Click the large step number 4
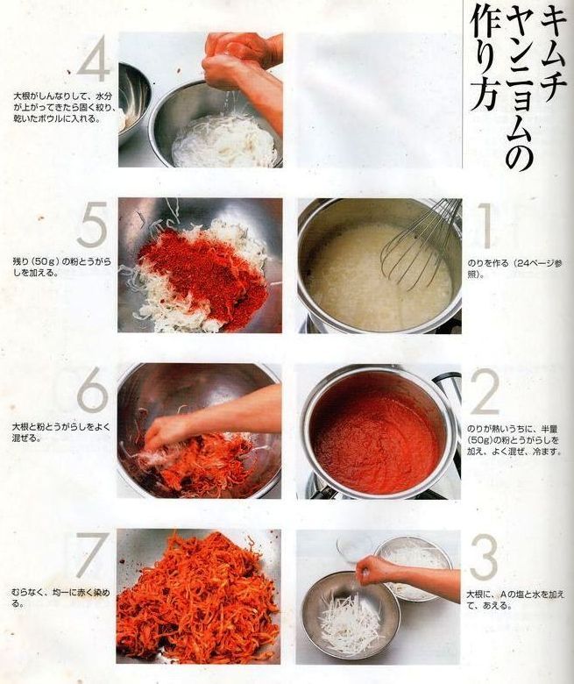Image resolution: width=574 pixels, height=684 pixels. tap(94, 59)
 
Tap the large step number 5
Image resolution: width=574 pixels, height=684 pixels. tap(92, 224)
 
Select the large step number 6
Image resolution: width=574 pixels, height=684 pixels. tap(92, 390)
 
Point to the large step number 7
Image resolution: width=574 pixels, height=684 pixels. tap(91, 554)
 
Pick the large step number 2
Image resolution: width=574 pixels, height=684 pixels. tap(485, 392)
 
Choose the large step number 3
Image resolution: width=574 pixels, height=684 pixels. tap(484, 558)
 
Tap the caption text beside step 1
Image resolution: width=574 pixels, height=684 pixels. tap(514, 269)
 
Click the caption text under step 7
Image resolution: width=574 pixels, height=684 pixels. tap(60, 598)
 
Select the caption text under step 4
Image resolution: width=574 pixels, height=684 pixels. tap(63, 107)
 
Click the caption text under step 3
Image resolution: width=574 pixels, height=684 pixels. tap(515, 600)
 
